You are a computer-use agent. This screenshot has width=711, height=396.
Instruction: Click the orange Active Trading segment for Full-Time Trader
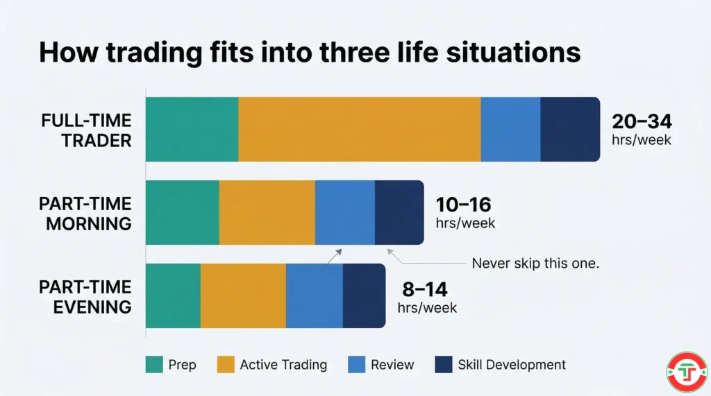[x=360, y=129]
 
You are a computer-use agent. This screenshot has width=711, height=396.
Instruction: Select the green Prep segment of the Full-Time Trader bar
[x=192, y=129]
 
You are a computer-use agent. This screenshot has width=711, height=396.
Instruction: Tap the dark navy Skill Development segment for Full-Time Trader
[x=570, y=129]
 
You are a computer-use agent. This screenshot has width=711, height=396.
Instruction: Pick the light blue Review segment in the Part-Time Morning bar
[x=345, y=212]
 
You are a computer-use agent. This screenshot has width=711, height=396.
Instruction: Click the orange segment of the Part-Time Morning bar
[x=267, y=212]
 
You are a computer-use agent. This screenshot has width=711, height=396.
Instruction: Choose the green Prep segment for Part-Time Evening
[x=173, y=295]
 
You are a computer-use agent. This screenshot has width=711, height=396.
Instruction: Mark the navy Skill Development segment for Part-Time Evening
[x=364, y=295]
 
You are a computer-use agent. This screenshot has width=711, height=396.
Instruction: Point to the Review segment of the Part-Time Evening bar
[x=315, y=295]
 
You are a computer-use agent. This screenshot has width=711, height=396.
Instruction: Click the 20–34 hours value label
[x=642, y=122]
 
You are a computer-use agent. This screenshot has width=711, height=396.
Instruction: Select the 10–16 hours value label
[x=463, y=205]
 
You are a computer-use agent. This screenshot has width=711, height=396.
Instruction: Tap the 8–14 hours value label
[x=426, y=289]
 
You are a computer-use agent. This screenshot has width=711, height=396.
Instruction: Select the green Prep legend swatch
[x=153, y=364]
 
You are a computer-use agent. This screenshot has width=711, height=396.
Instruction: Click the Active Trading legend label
[x=283, y=365]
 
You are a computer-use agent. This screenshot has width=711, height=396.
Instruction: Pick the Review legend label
[x=392, y=365]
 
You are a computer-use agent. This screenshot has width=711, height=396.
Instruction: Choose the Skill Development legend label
[x=512, y=365]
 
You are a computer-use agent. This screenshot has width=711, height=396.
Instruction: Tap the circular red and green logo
[x=686, y=372]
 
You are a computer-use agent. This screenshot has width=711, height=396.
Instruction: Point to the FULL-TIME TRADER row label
[x=86, y=130]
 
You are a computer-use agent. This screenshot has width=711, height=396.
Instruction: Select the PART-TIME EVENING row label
[x=85, y=296]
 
